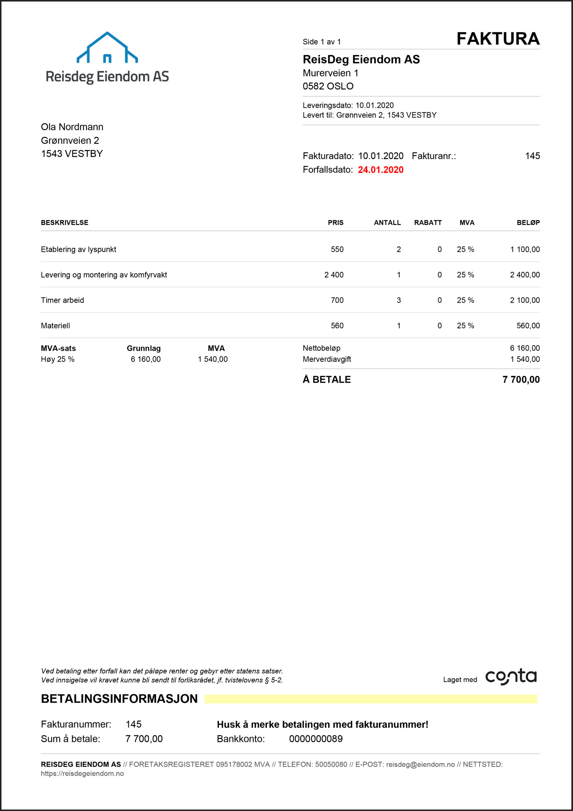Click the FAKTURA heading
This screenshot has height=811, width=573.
498,39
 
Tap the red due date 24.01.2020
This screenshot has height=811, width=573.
380,170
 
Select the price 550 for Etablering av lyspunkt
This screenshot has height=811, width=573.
337,249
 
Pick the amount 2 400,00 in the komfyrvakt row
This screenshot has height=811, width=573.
524,275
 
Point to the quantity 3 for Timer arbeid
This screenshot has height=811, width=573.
398,300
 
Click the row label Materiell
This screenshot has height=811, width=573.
55,326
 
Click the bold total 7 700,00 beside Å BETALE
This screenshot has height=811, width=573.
521,380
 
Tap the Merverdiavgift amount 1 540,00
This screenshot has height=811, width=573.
524,359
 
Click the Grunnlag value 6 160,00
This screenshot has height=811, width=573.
145,359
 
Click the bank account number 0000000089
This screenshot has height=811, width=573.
315,739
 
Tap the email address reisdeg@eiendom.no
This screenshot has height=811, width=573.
420,764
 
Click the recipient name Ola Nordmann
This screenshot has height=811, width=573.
72,127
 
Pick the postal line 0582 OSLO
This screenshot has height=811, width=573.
328,86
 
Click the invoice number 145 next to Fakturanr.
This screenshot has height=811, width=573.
532,156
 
